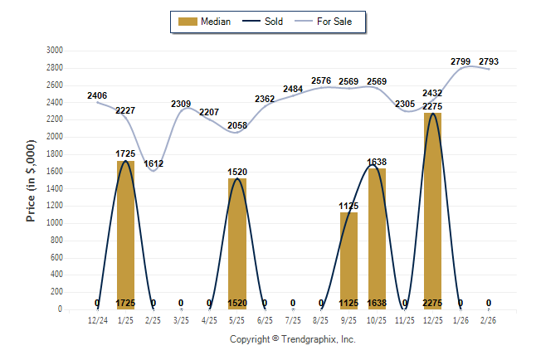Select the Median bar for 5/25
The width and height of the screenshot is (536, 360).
[237, 244]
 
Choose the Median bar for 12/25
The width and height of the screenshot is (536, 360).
[432, 212]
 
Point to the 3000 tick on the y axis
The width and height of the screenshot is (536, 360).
[54, 50]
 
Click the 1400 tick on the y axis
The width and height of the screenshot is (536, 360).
[54, 188]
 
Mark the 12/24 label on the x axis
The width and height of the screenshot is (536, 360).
[97, 319]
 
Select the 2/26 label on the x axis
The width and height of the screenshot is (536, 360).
[489, 319]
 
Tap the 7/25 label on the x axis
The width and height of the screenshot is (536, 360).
[293, 319]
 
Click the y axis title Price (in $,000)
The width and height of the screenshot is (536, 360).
[31, 180]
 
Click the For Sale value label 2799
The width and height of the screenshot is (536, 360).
[461, 61]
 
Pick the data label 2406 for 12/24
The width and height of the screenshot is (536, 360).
[97, 95]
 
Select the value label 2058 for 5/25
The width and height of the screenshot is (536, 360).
[237, 125]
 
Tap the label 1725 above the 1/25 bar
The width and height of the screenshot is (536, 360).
[125, 154]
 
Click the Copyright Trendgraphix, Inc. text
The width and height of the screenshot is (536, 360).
[292, 339]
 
